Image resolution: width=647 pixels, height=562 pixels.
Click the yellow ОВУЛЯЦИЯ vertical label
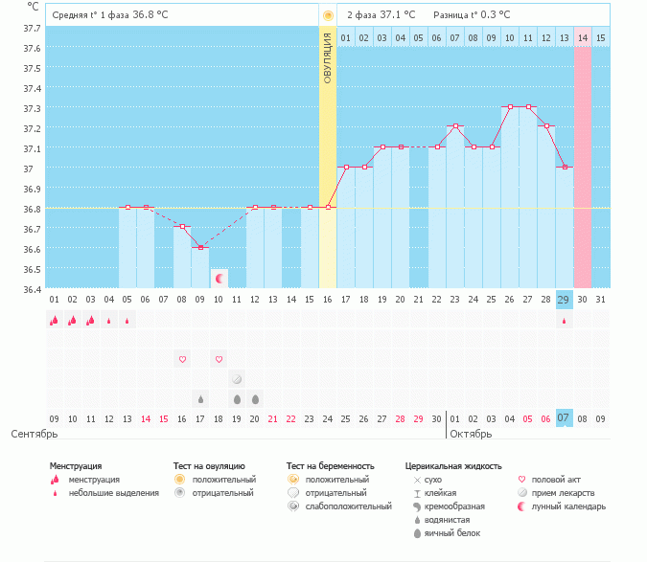(328, 58)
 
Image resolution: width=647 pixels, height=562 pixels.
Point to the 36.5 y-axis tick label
(32, 269)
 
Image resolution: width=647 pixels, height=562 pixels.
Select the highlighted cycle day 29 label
(565, 300)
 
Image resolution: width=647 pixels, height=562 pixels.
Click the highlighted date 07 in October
(565, 418)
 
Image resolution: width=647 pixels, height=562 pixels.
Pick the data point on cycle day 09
(200, 247)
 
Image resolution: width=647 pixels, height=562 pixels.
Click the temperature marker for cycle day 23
(455, 126)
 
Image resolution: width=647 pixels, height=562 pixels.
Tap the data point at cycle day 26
(510, 106)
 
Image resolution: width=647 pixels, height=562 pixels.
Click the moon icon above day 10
(220, 279)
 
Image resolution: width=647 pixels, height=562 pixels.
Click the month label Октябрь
(470, 434)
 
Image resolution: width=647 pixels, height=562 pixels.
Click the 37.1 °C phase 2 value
(398, 15)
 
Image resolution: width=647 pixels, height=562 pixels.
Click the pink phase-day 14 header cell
(583, 37)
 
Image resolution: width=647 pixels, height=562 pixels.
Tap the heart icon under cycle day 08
(182, 359)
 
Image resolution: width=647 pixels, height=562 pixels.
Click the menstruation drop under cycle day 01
(55, 321)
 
